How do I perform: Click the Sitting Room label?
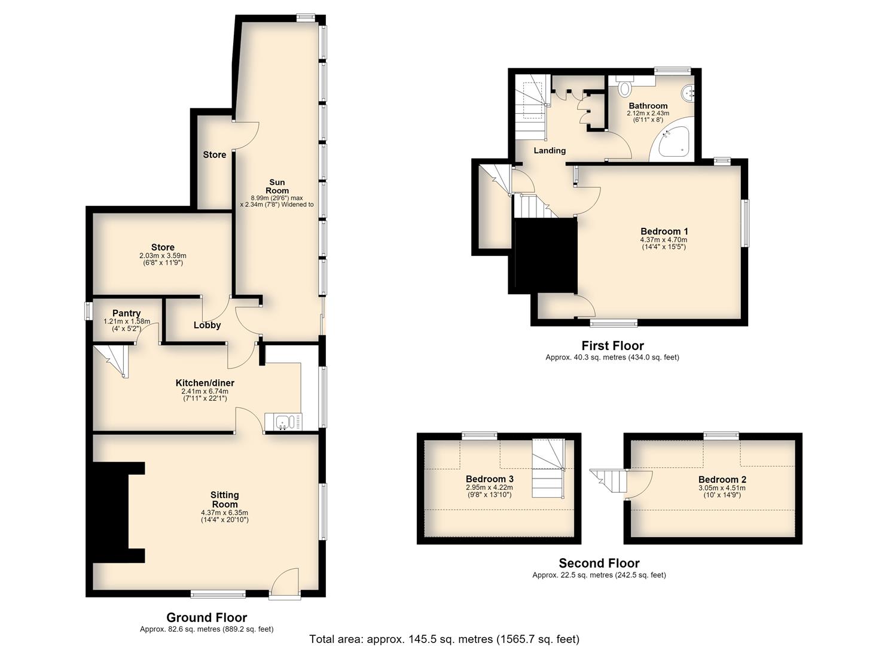click(225, 499)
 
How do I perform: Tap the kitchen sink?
click(283, 422)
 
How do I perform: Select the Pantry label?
click(126, 313)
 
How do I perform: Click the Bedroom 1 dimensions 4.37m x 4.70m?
click(664, 240)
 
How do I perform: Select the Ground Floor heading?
click(206, 617)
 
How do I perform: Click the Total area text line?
click(444, 639)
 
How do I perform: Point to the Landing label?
click(550, 151)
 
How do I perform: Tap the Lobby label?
click(207, 325)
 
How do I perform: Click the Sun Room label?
click(277, 187)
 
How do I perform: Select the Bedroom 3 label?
click(490, 479)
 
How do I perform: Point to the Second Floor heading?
click(599, 563)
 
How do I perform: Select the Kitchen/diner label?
click(205, 383)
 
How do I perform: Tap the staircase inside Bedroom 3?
click(548, 468)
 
